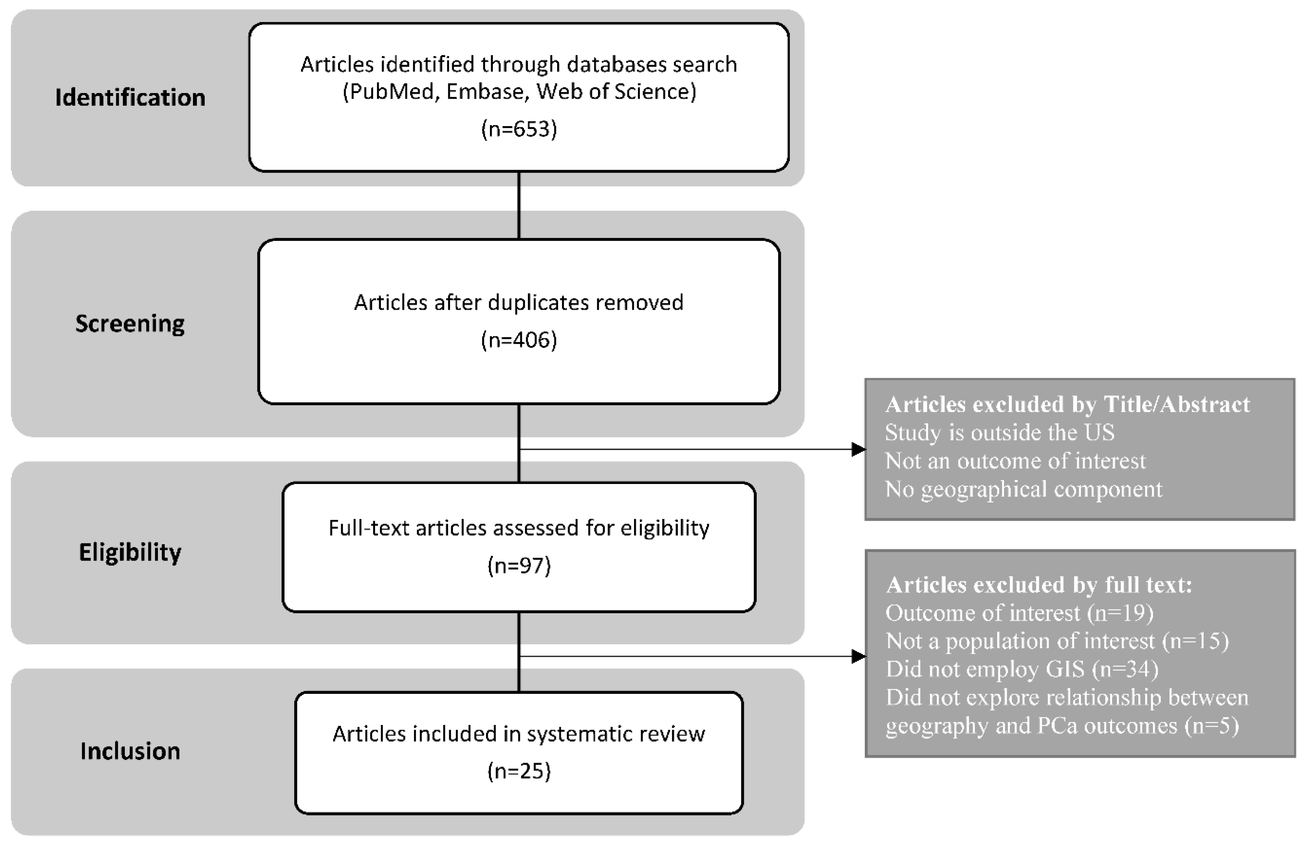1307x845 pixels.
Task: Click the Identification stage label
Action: (130, 98)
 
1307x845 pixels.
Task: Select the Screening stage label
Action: (130, 324)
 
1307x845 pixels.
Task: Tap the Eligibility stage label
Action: (130, 552)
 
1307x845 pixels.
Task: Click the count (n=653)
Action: (519, 129)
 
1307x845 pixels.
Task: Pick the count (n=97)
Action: (519, 565)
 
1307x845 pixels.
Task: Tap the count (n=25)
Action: (519, 771)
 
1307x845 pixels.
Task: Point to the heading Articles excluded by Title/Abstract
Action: (1067, 405)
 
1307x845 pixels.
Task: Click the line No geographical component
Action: (1023, 489)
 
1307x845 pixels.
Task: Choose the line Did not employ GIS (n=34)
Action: (1022, 669)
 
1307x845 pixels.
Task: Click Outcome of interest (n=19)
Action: (1019, 613)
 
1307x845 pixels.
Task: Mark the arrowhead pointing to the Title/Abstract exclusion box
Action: (858, 449)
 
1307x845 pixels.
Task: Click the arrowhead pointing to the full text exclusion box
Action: (858, 656)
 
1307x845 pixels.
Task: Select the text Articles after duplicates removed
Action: (519, 302)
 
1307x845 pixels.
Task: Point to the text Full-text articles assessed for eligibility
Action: (519, 528)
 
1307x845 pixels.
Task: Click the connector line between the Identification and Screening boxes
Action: (519, 206)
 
